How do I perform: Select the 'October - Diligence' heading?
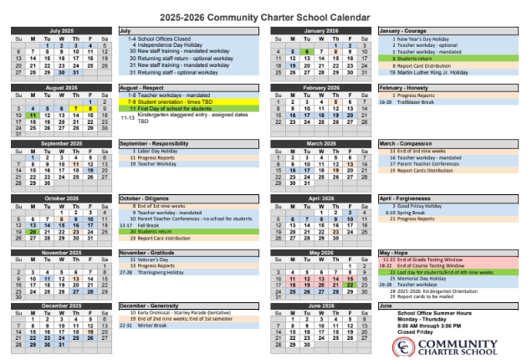coord(144,198)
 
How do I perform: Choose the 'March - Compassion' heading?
coord(406,143)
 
